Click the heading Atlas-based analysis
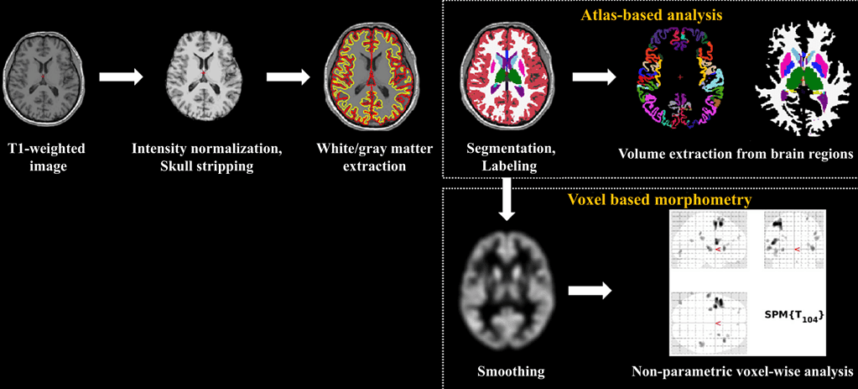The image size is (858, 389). [x=650, y=14]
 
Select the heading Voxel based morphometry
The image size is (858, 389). [x=651, y=201]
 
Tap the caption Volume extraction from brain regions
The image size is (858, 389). [x=735, y=154]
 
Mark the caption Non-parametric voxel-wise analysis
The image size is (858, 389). [x=743, y=370]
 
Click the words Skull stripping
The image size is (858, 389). [x=205, y=166]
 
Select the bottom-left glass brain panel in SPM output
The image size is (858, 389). [x=709, y=323]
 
